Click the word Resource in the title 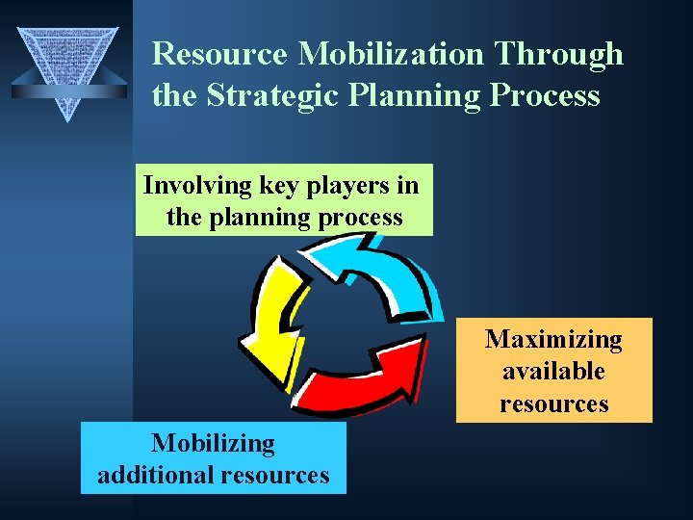tap(220, 54)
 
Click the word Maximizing tap(553, 340)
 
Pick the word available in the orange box tap(553, 371)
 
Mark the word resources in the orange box tap(553, 403)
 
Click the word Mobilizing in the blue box tap(213, 444)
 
